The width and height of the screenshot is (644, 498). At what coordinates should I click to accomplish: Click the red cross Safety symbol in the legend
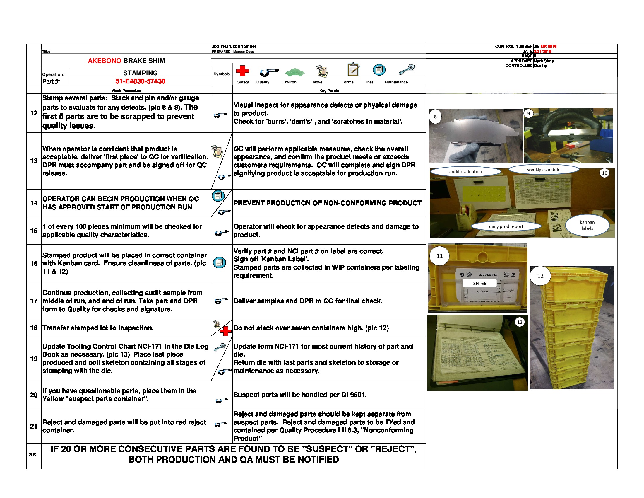click(x=242, y=71)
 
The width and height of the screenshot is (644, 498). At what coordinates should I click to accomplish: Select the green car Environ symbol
click(x=294, y=72)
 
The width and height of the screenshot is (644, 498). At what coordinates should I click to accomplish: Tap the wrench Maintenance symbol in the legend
click(x=407, y=70)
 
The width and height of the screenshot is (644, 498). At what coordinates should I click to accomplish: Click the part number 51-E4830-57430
click(x=140, y=81)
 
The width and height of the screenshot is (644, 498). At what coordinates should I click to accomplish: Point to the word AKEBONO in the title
click(x=105, y=61)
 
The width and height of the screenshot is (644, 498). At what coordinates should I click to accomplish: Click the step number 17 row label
click(x=34, y=301)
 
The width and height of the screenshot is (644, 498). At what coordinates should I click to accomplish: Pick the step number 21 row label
click(x=34, y=426)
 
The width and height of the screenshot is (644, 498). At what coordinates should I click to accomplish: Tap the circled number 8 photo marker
click(x=435, y=117)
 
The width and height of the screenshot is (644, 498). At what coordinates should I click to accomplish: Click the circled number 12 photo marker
click(x=540, y=276)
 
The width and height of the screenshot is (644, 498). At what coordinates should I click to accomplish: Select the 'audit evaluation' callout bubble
click(x=465, y=172)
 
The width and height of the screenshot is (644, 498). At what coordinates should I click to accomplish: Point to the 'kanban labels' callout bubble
click(x=587, y=225)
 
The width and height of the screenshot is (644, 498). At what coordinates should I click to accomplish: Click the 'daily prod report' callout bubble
click(x=506, y=226)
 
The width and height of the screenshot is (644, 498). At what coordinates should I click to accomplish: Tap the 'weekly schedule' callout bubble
click(x=544, y=170)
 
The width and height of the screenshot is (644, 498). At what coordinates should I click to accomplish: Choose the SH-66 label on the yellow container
click(x=479, y=284)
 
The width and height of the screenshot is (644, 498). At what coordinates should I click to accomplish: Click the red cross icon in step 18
click(x=226, y=331)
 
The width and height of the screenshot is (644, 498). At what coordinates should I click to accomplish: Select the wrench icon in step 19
click(x=219, y=347)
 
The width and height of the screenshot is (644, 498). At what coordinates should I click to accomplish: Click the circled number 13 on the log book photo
click(x=520, y=322)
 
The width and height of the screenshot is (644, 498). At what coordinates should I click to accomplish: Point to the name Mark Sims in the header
click(x=544, y=61)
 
